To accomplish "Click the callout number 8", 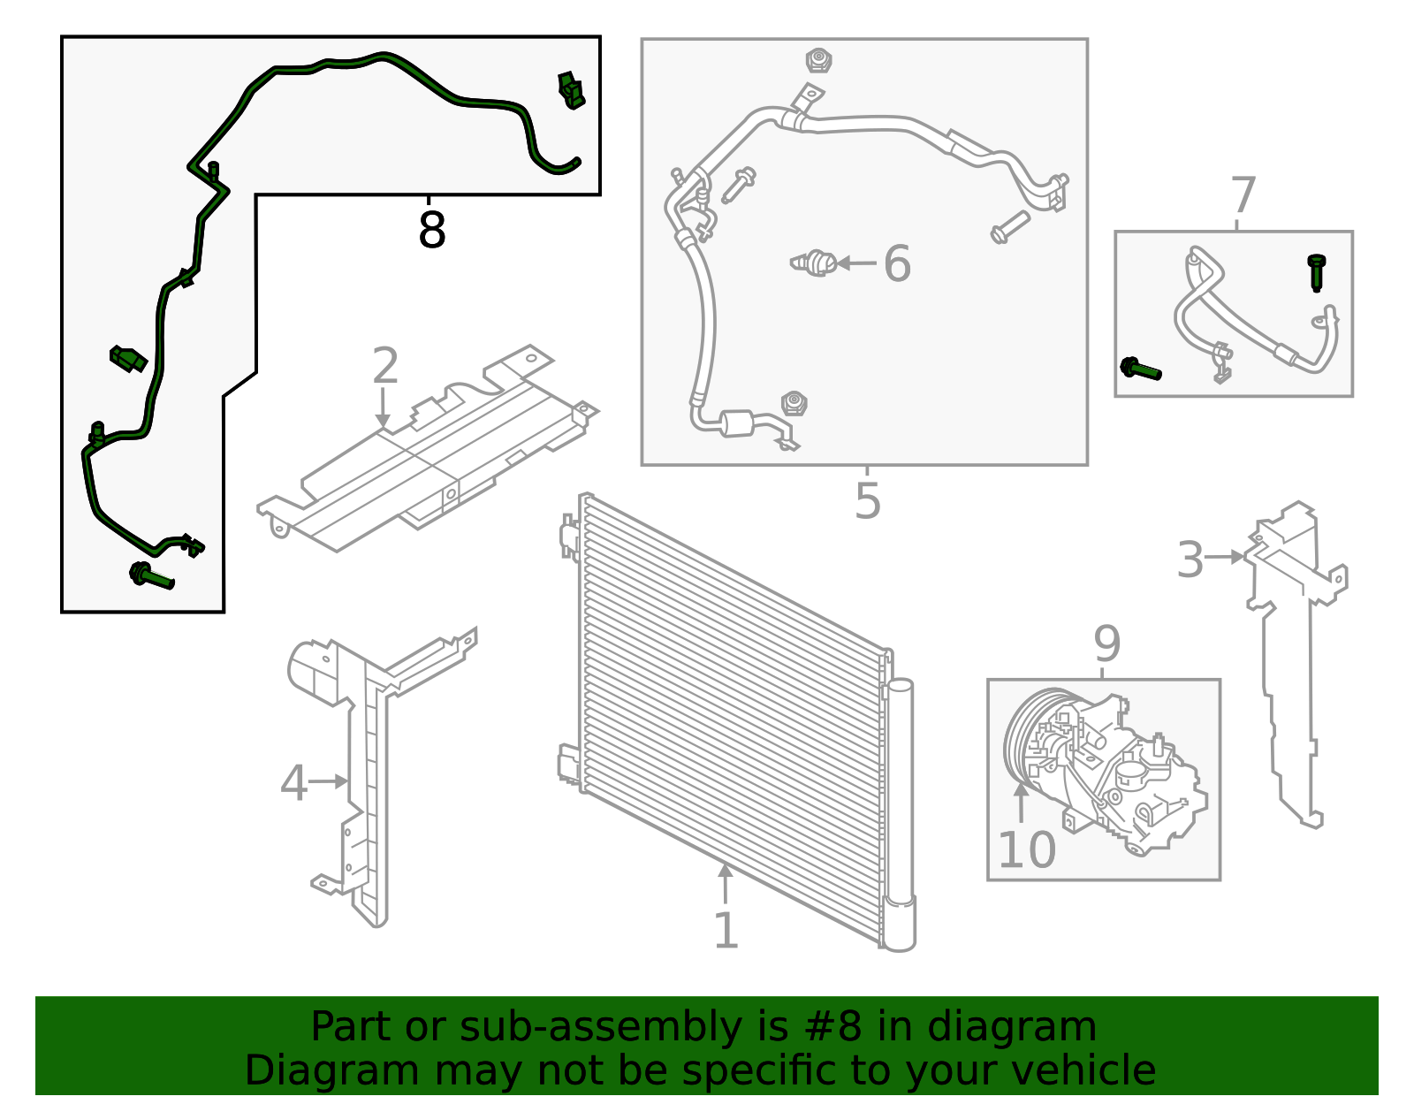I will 431,231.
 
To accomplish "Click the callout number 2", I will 385,366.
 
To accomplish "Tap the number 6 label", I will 897,264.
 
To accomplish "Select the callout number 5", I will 868,501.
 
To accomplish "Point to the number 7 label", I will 1243,196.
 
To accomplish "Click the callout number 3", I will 1190,560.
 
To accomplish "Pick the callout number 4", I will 293,783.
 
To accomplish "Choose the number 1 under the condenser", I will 725,931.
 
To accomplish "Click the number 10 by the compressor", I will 1026,850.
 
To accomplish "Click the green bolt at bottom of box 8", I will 152,576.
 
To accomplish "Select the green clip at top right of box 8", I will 571,90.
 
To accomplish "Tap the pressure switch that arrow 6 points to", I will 814,263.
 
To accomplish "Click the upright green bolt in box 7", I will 1317,271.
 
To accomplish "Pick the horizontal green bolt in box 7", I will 1140,369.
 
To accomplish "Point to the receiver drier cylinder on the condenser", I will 900,813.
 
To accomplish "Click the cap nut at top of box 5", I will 818,61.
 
